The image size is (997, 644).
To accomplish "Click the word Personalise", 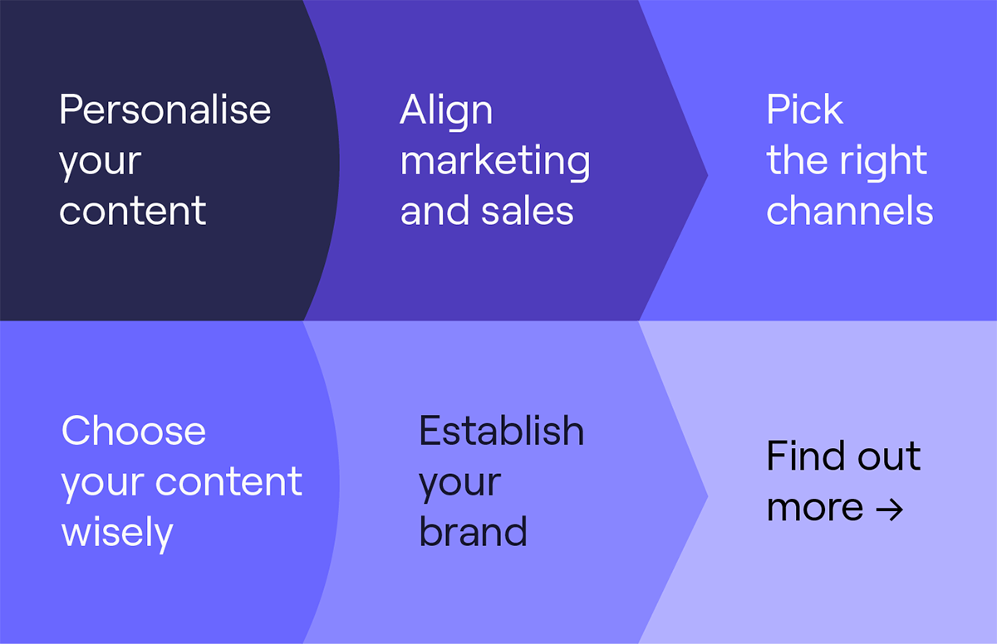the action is [x=165, y=110].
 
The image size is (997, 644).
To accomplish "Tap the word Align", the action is [x=446, y=112].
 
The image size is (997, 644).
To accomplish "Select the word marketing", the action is [x=495, y=162].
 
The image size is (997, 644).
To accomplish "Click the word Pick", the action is [x=804, y=110].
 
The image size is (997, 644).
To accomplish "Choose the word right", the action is [x=883, y=162].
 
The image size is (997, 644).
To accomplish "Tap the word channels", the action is [x=850, y=210].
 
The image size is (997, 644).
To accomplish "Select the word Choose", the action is [x=134, y=430].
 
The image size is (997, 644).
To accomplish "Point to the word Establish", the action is [x=502, y=430].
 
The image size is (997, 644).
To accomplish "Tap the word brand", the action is [x=473, y=531].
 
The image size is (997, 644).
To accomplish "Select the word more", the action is [x=815, y=508].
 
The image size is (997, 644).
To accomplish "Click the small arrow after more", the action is [x=889, y=510].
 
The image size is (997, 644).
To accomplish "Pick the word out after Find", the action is [x=889, y=456].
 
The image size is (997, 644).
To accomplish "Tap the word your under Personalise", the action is [x=101, y=163].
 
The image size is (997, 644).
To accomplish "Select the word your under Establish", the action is [x=460, y=485].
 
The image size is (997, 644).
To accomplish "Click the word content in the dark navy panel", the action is [x=133, y=211].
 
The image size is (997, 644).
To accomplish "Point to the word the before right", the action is [x=798, y=160].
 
